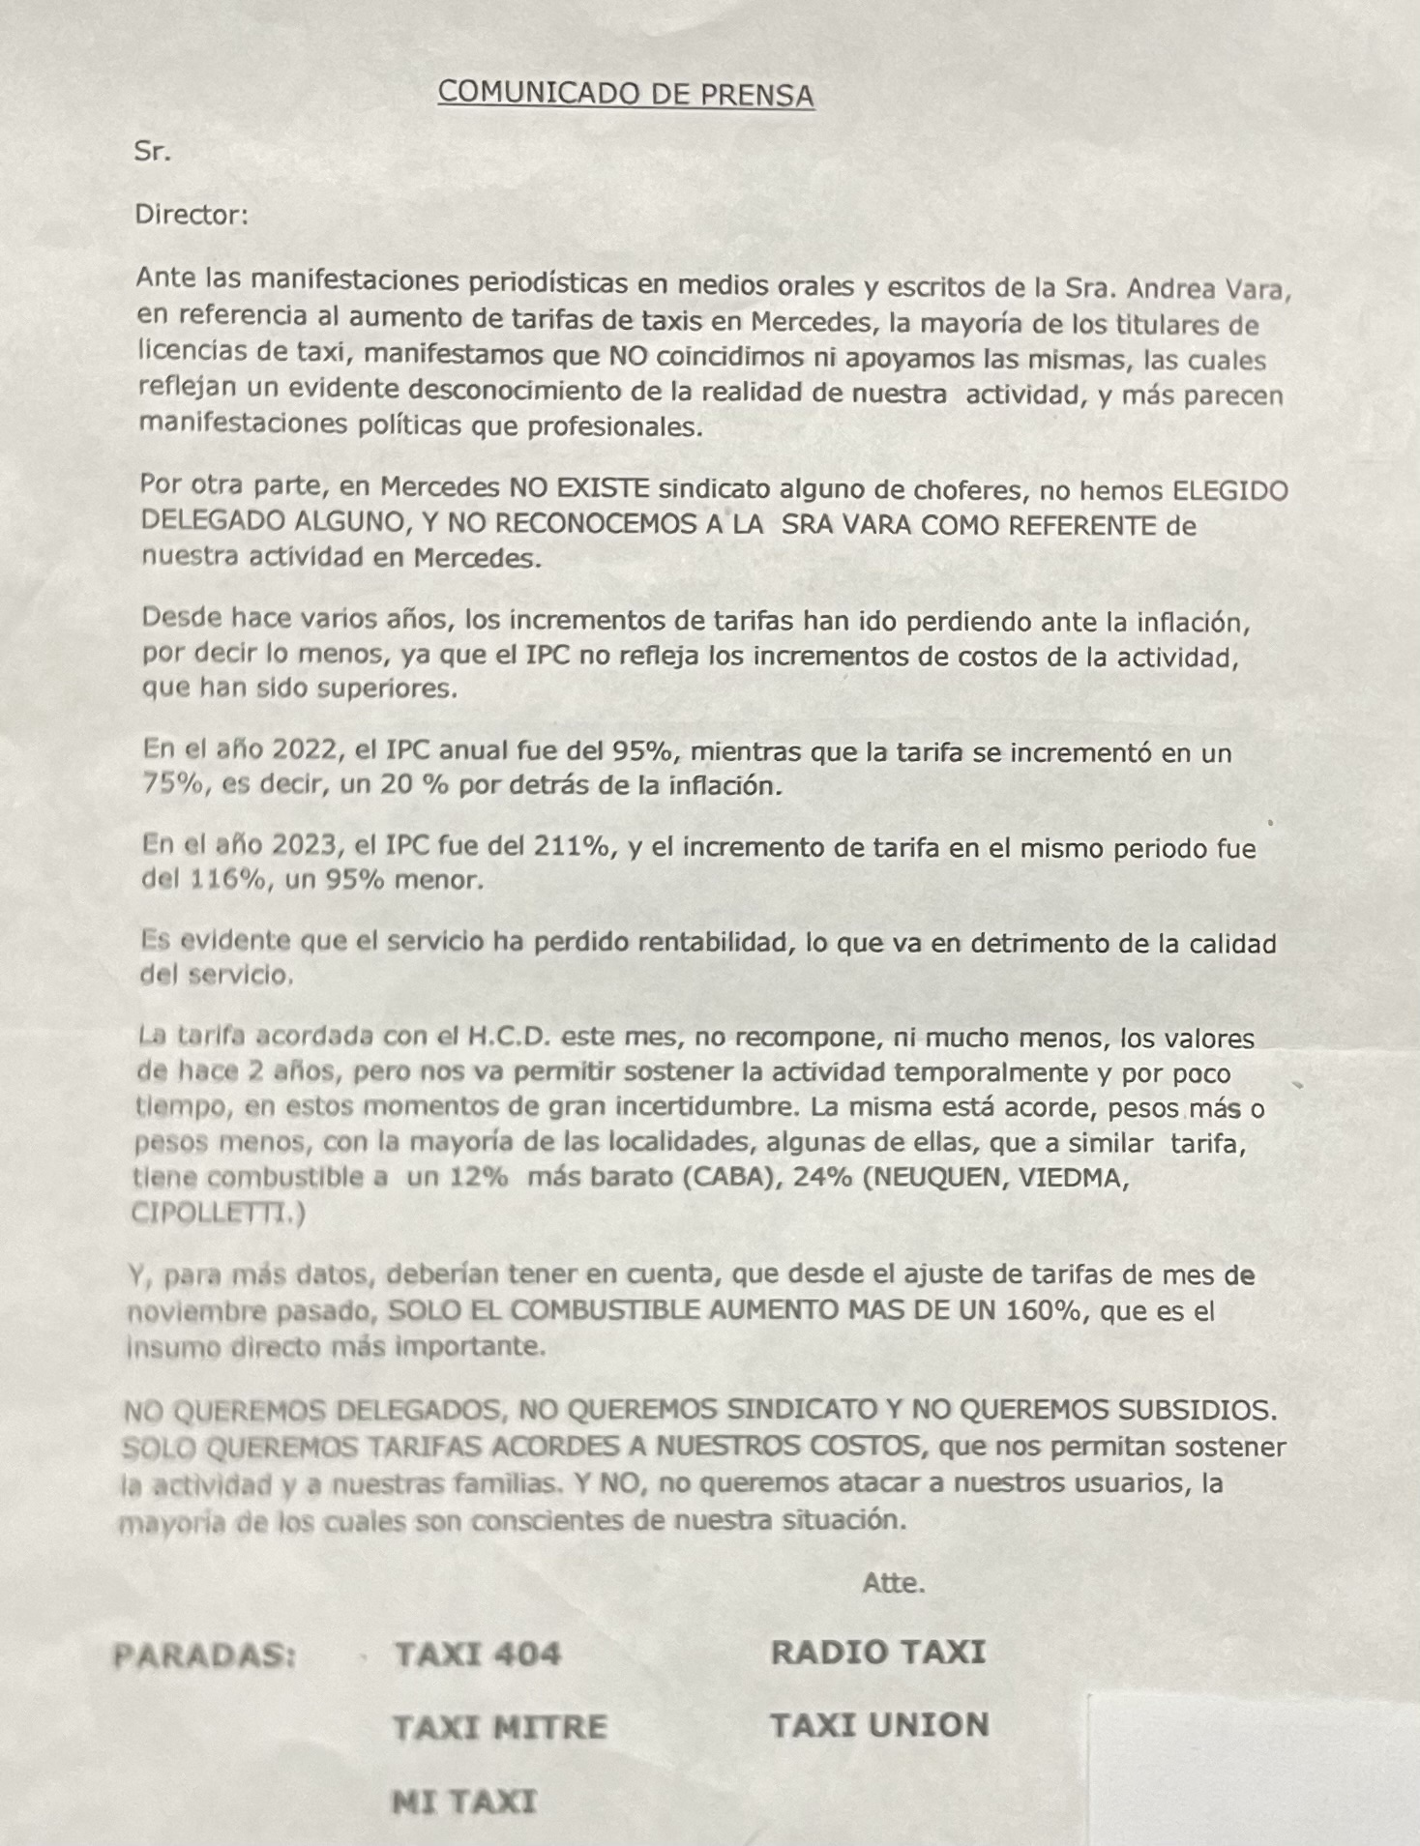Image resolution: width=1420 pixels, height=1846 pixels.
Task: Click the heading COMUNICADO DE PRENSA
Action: tap(626, 93)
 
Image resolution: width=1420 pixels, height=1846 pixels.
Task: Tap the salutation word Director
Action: tap(192, 215)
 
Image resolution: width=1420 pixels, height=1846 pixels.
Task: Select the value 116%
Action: tap(231, 880)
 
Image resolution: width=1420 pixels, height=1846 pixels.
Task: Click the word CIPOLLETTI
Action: tap(211, 1214)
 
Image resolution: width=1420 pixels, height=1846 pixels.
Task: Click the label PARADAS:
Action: tap(204, 1656)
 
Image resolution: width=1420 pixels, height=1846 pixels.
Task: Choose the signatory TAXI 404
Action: tap(478, 1654)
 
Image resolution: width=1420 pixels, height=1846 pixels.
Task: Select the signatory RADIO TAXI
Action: tap(878, 1652)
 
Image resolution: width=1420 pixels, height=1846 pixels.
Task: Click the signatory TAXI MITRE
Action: tap(499, 1727)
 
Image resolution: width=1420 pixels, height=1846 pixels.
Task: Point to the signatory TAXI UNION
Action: tap(879, 1725)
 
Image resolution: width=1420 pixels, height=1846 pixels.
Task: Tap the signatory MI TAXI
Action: tap(464, 1802)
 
